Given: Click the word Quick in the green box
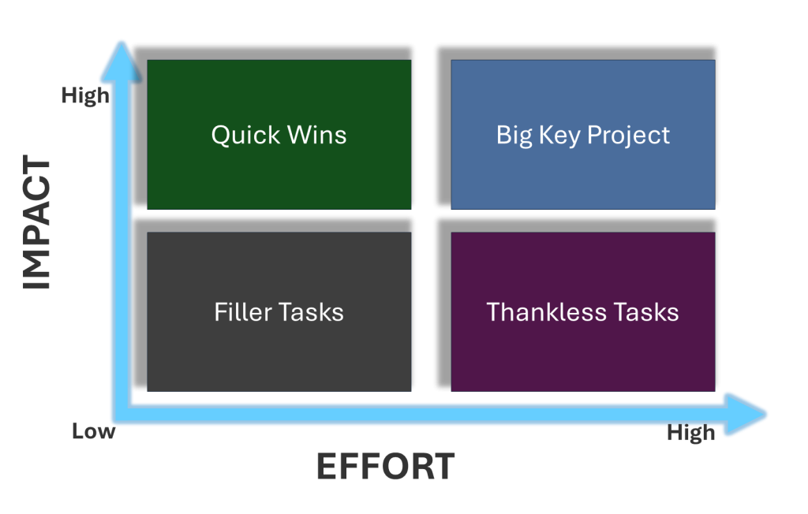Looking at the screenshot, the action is (246, 136).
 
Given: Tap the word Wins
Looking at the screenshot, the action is (317, 135).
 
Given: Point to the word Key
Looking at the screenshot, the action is (559, 136).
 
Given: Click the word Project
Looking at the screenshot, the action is (629, 136).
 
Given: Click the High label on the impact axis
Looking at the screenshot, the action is (85, 96).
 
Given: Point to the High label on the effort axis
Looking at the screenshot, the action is (691, 433).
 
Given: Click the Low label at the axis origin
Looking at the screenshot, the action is (94, 431).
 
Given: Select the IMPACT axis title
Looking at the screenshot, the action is (36, 222).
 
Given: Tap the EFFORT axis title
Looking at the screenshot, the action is (385, 467).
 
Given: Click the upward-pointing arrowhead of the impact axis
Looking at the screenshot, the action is (121, 61).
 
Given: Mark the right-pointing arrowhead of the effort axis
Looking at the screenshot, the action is (746, 414).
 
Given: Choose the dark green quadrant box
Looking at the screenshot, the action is (279, 135).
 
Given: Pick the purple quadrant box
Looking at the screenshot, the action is (583, 311).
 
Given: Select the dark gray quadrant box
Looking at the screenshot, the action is (279, 311).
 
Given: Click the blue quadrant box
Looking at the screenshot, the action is (583, 135).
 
